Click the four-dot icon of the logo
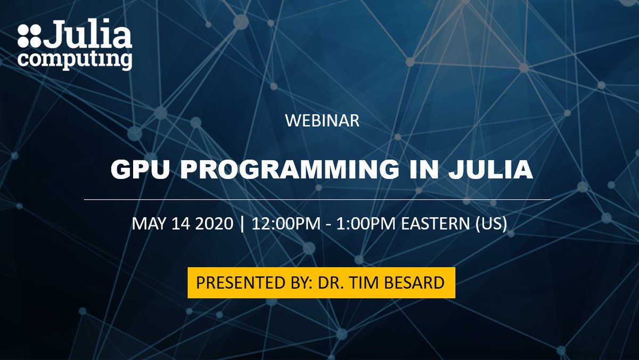[29, 36]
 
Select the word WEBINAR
[322, 121]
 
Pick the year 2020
[213, 223]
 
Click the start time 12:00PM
[286, 223]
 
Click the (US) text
[491, 223]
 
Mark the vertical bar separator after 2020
[243, 223]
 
